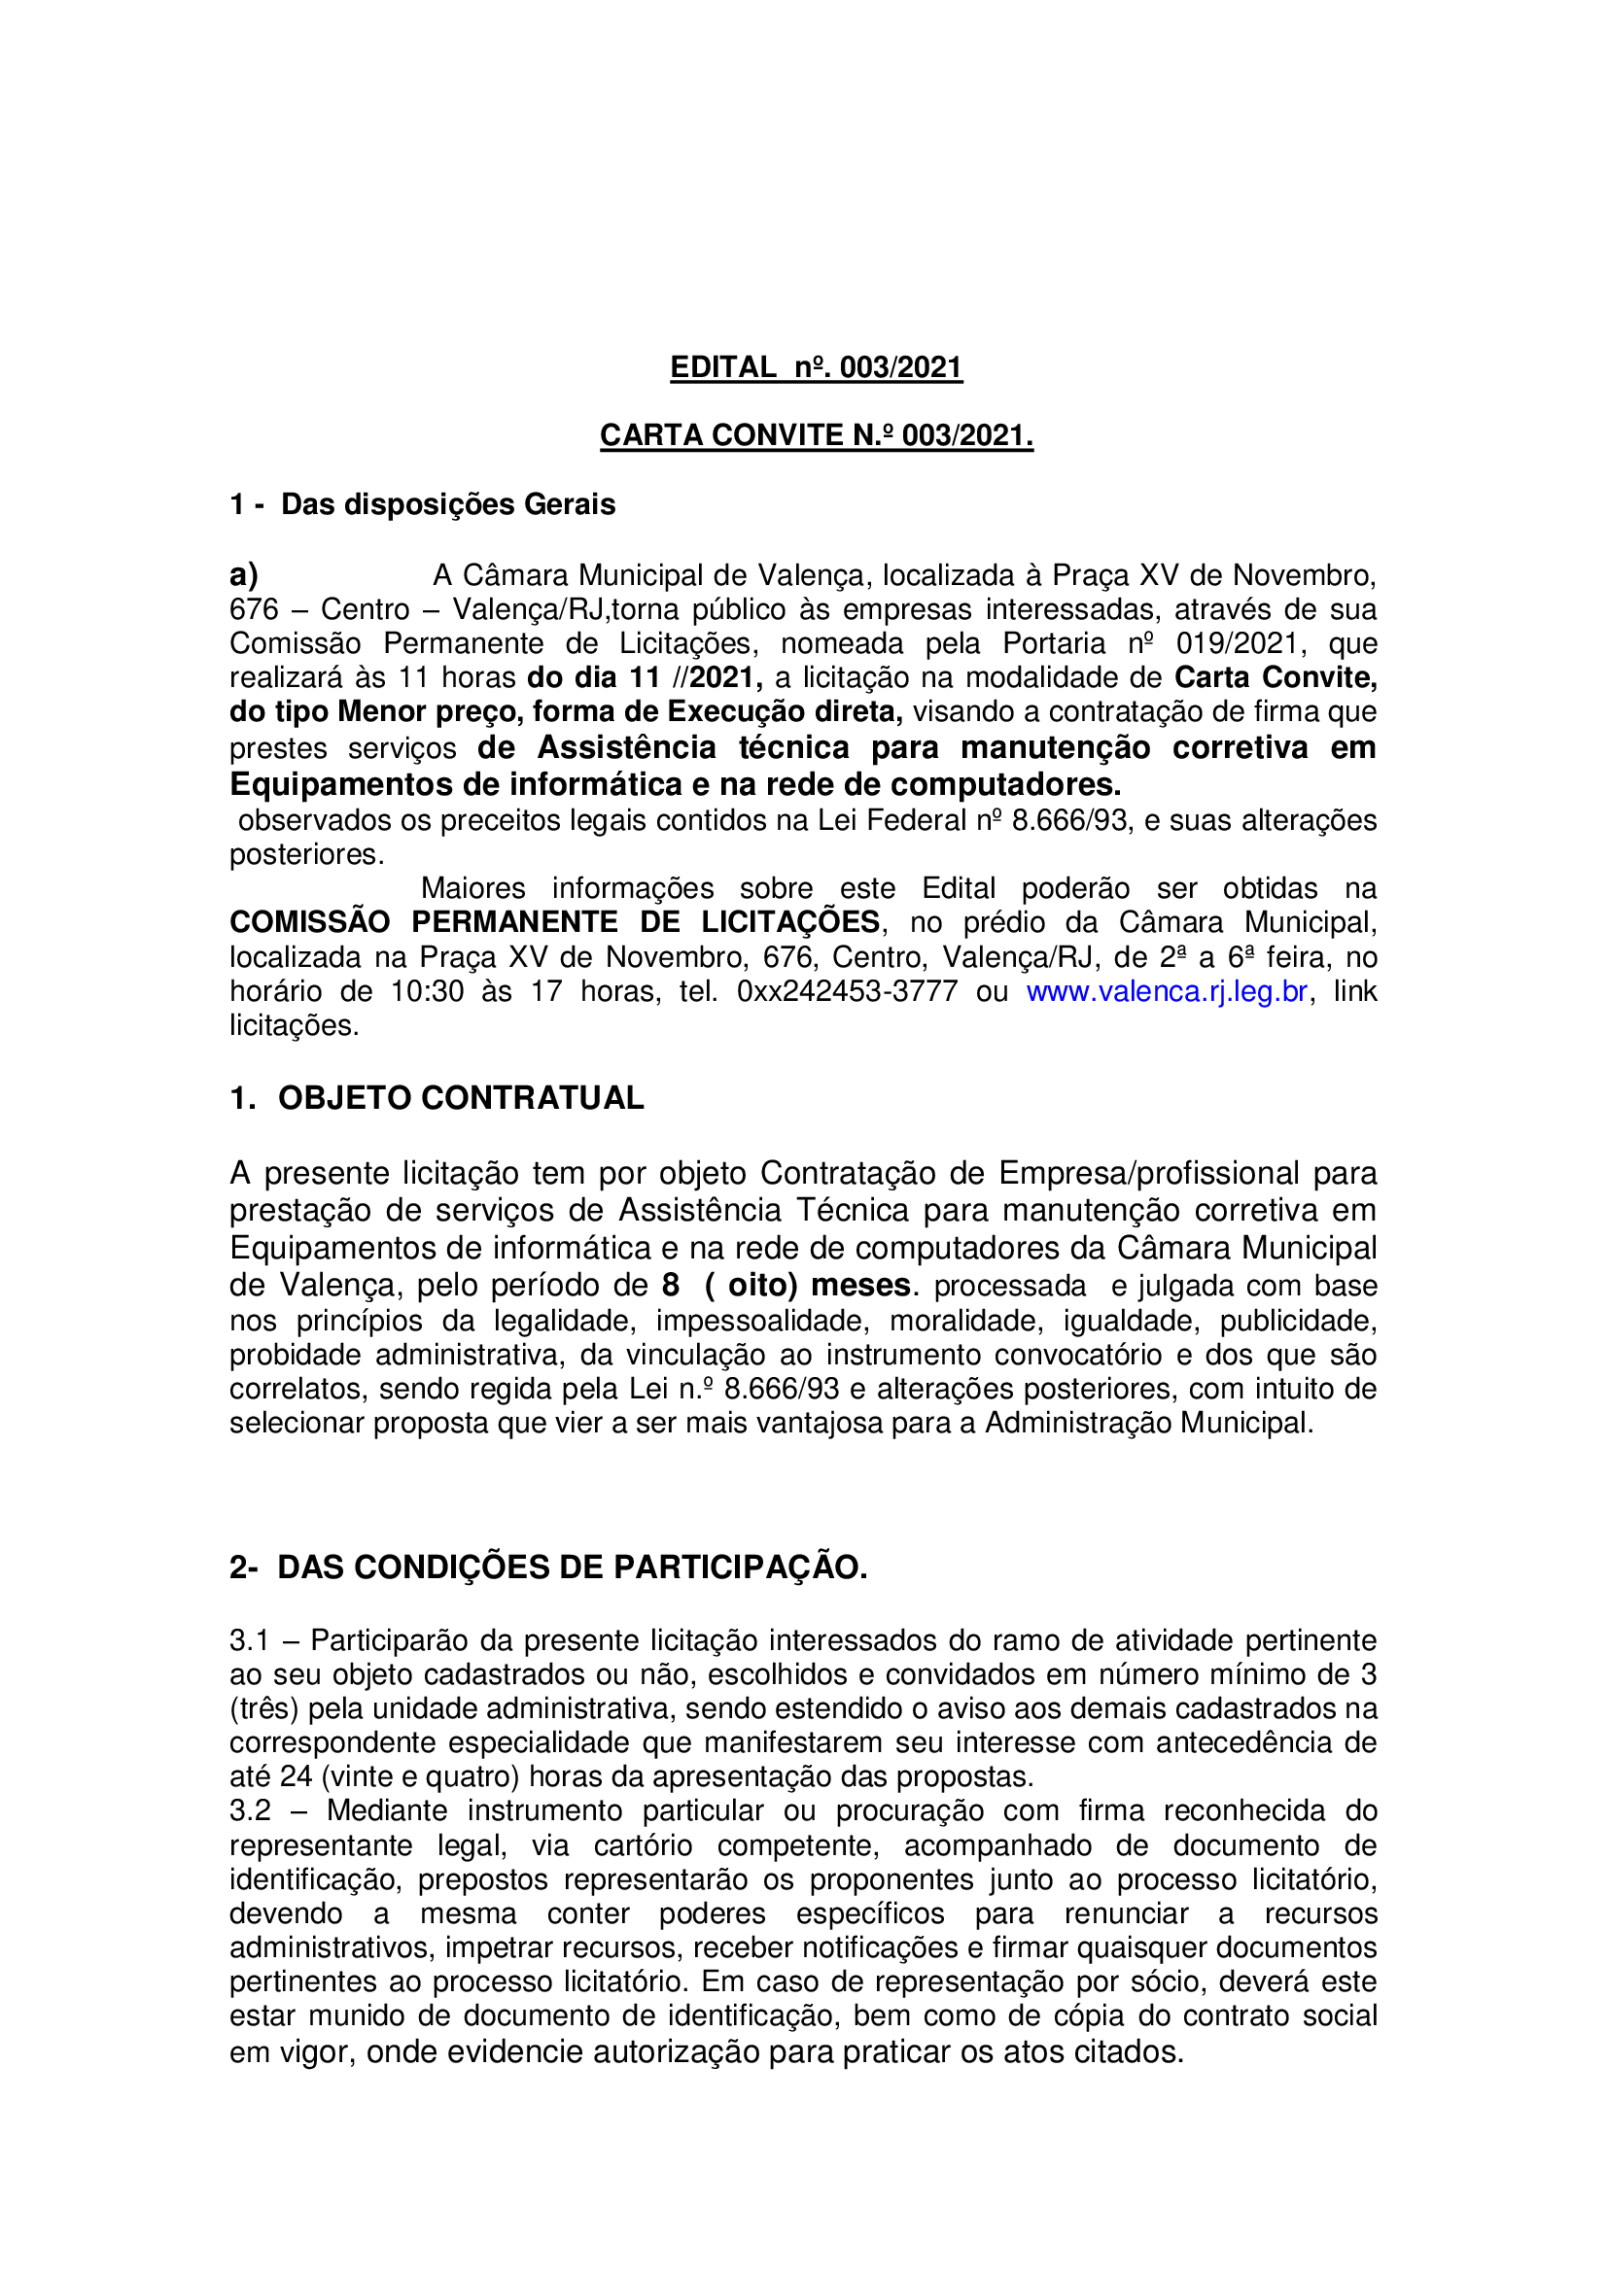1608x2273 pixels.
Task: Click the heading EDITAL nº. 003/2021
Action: [816, 368]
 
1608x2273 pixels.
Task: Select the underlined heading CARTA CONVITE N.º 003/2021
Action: [816, 435]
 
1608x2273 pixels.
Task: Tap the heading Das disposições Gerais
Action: [447, 505]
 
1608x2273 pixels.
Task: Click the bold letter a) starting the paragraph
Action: [244, 575]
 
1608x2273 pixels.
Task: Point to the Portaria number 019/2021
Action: [1236, 644]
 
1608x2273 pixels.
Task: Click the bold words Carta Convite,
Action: [1276, 678]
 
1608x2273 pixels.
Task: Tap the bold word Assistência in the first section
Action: [627, 747]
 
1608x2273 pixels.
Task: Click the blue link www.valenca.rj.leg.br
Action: [1167, 992]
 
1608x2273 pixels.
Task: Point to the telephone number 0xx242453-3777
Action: [847, 992]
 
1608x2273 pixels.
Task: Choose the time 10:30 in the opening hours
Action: [427, 992]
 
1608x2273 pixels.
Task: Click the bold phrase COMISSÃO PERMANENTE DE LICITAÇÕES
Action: [554, 922]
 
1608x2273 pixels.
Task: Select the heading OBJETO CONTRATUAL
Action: [461, 1098]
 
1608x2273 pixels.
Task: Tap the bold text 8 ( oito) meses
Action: [787, 1286]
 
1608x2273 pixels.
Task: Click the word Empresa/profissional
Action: [1147, 1173]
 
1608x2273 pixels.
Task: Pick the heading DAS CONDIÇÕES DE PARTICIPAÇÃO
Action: [572, 1567]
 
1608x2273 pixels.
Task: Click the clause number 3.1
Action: [250, 1640]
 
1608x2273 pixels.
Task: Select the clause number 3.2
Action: [250, 1810]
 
